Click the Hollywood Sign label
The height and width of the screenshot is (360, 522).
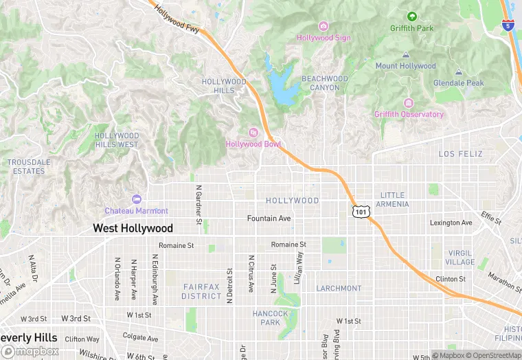[324, 38]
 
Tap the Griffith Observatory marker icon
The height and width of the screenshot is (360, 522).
[409, 103]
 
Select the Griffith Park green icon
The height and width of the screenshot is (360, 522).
[412, 16]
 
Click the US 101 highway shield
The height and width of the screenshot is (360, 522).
[360, 212]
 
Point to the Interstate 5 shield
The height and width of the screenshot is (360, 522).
[507, 26]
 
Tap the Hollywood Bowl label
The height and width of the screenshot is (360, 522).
[253, 144]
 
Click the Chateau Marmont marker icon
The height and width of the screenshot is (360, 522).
[136, 199]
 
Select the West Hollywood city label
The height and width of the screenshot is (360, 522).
[133, 228]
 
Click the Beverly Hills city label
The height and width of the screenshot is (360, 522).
[29, 338]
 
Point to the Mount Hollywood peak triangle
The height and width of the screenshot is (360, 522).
[405, 54]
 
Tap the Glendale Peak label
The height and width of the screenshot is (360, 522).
[458, 83]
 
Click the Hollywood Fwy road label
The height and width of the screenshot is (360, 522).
[177, 19]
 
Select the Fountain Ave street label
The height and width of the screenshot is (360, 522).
[269, 218]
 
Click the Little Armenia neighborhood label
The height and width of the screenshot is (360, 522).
[394, 200]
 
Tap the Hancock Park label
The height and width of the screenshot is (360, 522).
[271, 318]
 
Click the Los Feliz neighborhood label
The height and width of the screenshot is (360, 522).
[461, 154]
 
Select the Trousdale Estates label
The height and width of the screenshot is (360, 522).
[29, 166]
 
